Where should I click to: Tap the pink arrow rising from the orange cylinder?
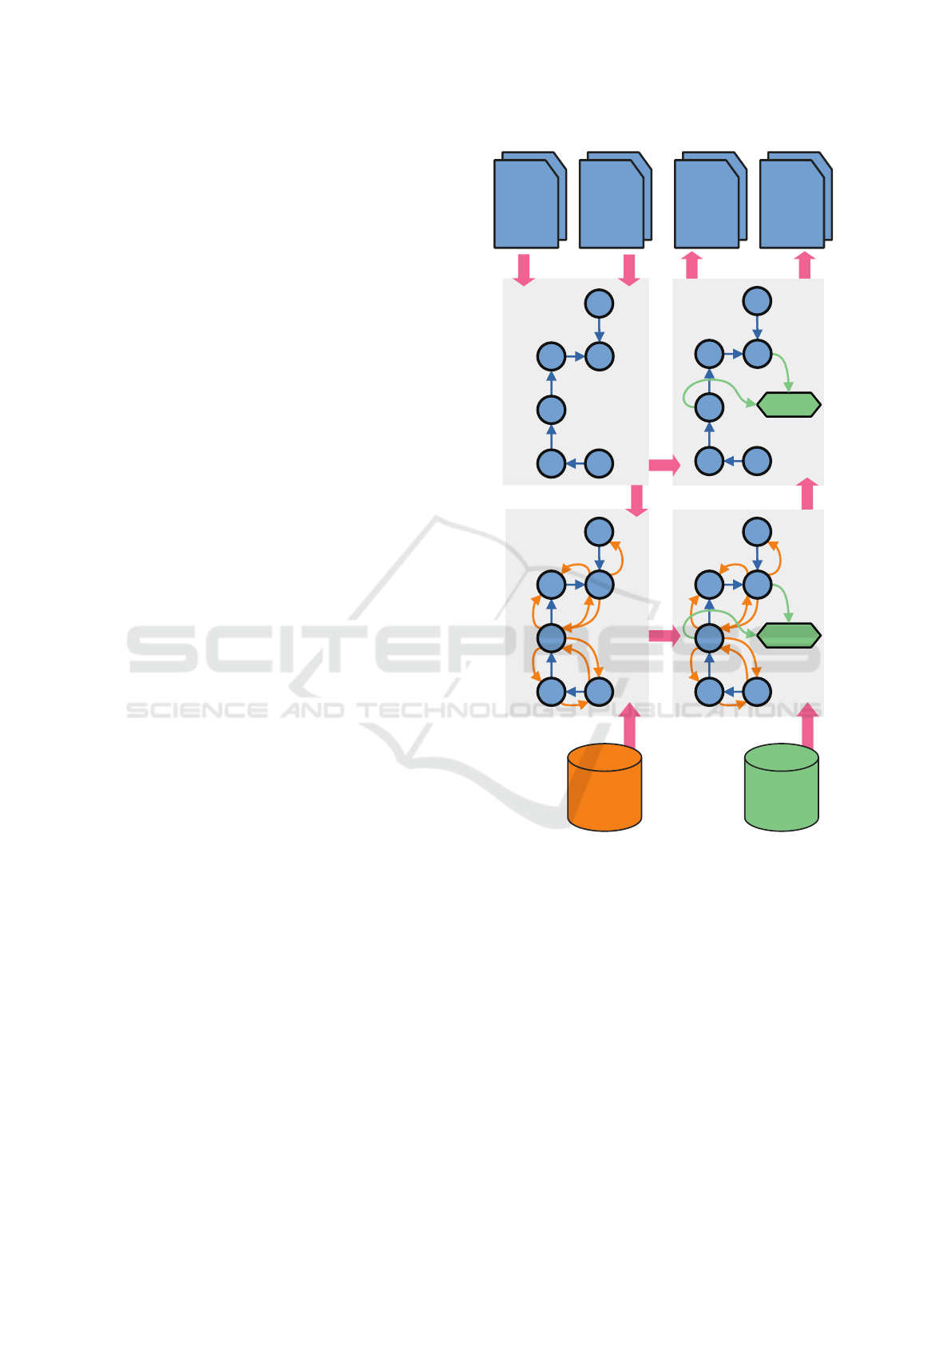coord(630,725)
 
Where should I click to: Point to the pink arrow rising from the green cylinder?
coord(808,725)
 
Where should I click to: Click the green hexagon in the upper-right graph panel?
coord(788,405)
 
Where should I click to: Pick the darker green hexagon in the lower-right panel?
coord(788,635)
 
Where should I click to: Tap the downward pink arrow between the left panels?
coord(636,500)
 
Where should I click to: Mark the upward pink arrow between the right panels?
coord(807,494)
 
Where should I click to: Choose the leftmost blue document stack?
coord(529,200)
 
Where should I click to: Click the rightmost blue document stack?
coord(795,200)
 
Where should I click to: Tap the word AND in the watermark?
coord(312,710)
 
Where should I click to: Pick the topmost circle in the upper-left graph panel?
coord(599,304)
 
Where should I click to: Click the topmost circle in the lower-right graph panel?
coord(757,531)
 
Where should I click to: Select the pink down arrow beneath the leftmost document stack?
coord(524,269)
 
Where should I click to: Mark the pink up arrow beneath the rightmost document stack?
coord(805,265)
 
